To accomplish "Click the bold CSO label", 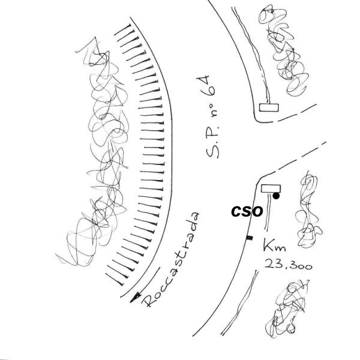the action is click(247, 211).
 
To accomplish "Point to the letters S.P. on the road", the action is click(212, 142).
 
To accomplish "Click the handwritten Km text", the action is click(275, 246).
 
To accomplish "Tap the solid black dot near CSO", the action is click(276, 196).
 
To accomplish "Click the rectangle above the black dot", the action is click(271, 189).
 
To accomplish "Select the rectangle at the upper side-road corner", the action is click(269, 107).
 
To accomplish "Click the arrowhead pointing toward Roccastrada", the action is click(135, 298).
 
